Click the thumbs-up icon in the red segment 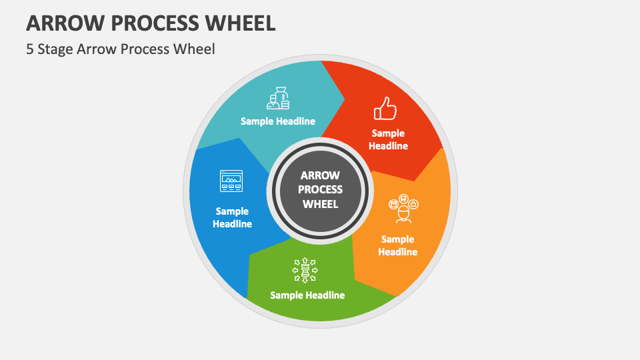click(385, 108)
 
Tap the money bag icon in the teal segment click(278, 98)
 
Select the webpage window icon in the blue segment click(231, 181)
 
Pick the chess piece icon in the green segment click(306, 270)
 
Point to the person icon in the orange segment click(403, 209)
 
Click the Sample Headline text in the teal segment click(278, 121)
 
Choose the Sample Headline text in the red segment click(388, 139)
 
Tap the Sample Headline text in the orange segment click(397, 245)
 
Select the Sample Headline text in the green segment click(307, 295)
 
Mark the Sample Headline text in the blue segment click(232, 217)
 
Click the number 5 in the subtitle click(31, 49)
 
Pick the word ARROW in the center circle click(320, 175)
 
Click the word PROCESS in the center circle click(320, 190)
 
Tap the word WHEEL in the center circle click(320, 204)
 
